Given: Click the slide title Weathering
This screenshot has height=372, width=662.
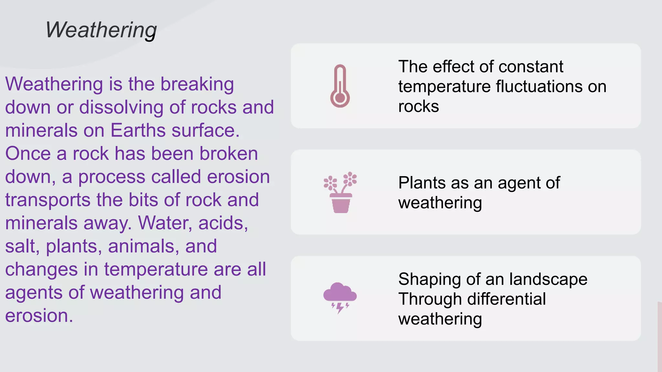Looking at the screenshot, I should [x=101, y=30].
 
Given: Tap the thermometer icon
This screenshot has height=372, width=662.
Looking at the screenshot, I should [x=340, y=86].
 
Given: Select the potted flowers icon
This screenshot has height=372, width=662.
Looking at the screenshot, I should [x=340, y=192].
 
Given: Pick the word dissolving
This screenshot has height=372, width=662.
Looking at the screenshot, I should [x=121, y=107].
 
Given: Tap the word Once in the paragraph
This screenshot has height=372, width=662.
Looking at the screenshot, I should [x=28, y=153].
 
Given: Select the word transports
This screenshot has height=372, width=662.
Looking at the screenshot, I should [x=48, y=200].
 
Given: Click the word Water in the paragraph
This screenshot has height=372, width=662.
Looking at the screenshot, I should [x=165, y=223].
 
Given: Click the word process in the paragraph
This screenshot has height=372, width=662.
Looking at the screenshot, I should [x=112, y=177].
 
